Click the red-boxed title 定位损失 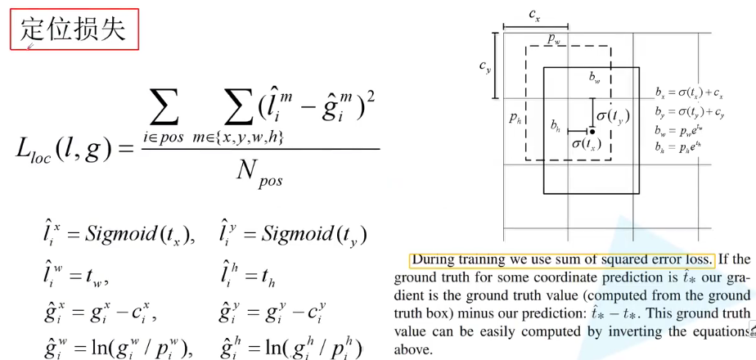[74, 30]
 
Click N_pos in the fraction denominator [259, 173]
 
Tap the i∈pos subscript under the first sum [163, 138]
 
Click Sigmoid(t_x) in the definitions [140, 235]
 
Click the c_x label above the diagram [534, 15]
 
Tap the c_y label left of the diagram [484, 66]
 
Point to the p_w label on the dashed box [553, 40]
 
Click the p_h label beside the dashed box [515, 117]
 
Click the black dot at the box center [592, 131]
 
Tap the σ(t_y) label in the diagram [614, 116]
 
